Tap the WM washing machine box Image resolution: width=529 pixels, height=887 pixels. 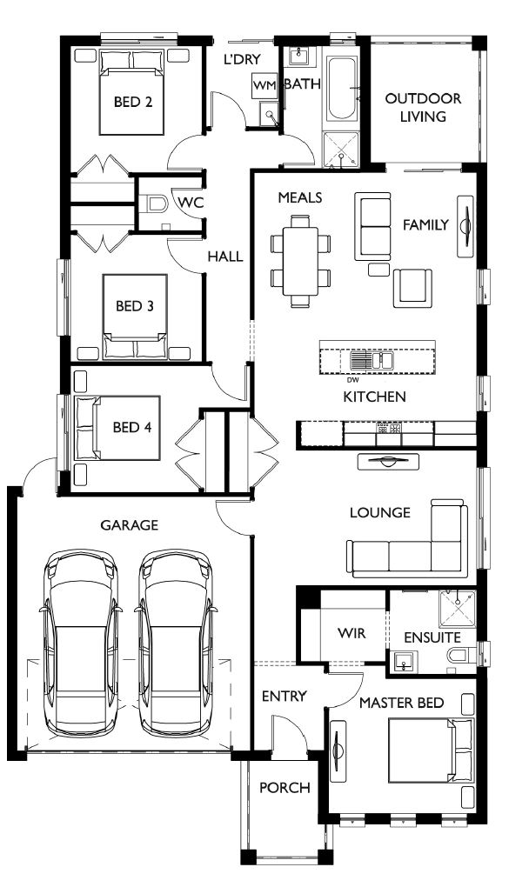pos(264,86)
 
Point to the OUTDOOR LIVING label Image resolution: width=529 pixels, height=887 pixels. pos(423,108)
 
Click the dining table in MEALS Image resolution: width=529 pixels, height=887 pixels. pos(300,262)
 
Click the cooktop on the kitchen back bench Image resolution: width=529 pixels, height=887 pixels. pos(387,429)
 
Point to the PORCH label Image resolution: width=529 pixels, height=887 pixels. pos(285,788)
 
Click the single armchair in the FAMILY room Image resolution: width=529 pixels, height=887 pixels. pos(412,287)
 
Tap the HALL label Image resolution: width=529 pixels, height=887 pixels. pos(224,257)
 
